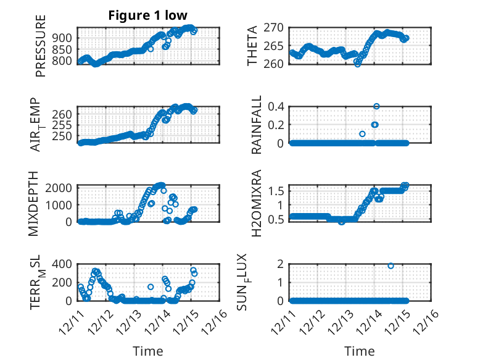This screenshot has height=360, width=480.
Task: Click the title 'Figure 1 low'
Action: click(147, 15)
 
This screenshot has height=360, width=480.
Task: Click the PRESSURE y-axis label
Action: click(41, 50)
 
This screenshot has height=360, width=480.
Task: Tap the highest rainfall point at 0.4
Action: click(376, 106)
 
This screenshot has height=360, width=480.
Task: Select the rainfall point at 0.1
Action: click(362, 134)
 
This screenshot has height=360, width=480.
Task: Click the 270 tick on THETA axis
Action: click(275, 27)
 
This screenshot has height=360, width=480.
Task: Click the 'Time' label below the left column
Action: click(148, 351)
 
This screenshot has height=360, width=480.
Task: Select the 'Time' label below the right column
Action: click(359, 351)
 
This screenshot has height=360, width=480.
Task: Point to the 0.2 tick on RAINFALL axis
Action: click(277, 125)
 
